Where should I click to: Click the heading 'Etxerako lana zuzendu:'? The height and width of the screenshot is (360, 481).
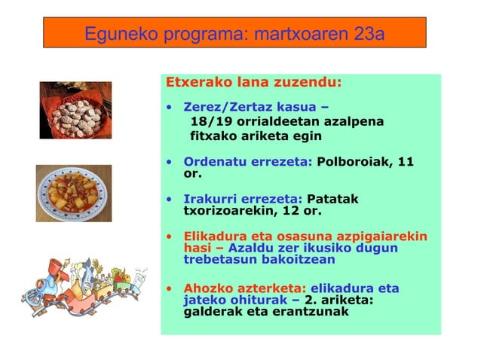point(253,82)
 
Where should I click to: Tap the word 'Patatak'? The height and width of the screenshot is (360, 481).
point(332,199)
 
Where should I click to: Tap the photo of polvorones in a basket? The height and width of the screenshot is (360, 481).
point(75,110)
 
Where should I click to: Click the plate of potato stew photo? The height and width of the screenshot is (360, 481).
point(74,193)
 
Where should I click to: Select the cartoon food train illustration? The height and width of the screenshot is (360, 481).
point(84,283)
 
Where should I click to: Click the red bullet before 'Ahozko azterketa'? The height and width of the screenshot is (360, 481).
point(170,288)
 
